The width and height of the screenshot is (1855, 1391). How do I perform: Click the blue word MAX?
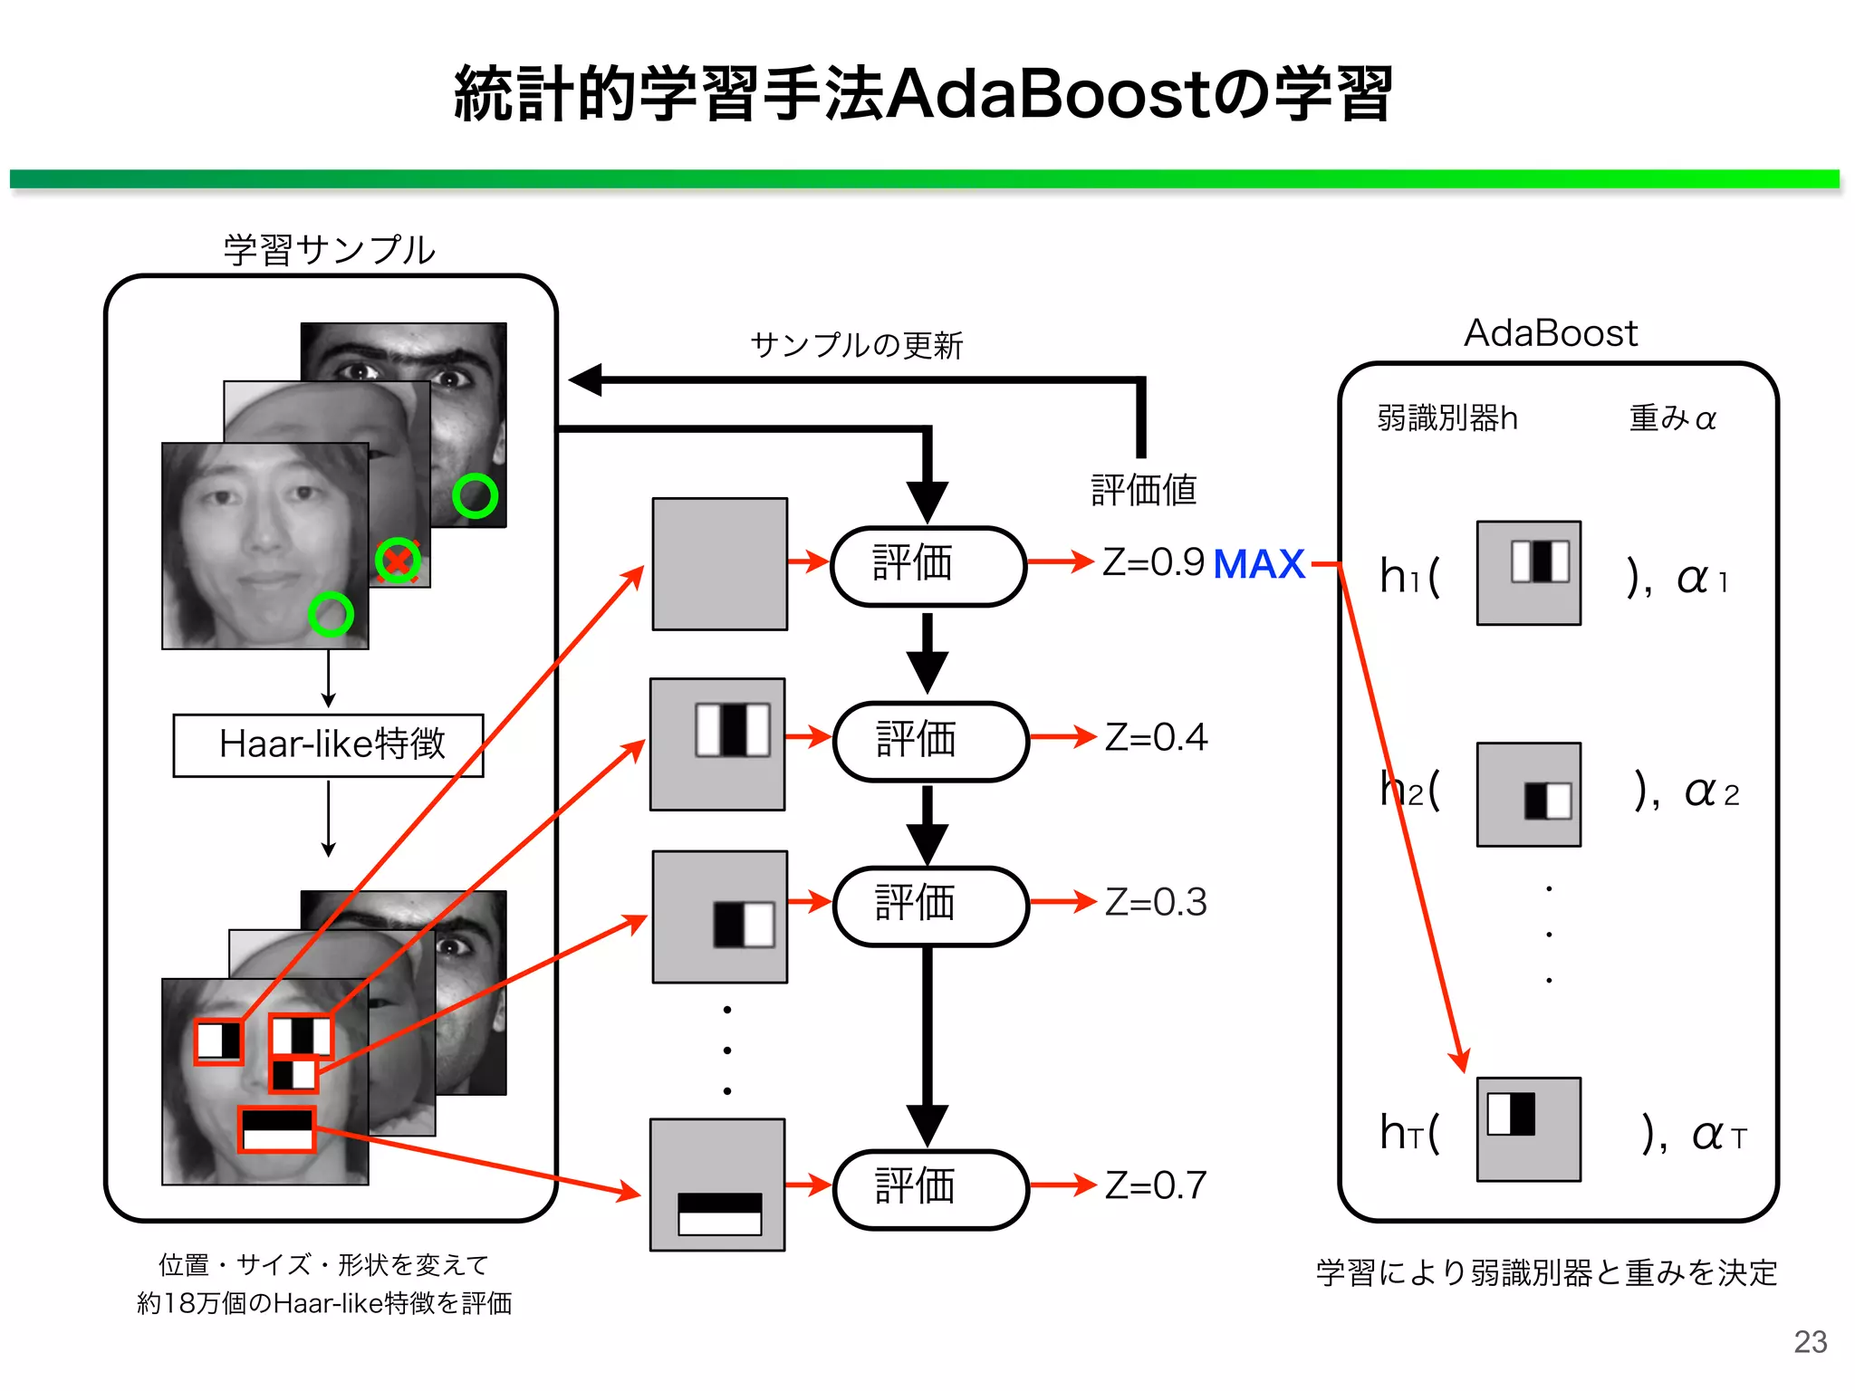1258,564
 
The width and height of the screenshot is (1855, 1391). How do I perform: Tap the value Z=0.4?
1156,737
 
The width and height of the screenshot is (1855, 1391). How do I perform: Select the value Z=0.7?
1156,1185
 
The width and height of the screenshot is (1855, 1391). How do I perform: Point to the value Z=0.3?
1156,902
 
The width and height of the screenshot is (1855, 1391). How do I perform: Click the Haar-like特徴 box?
329,744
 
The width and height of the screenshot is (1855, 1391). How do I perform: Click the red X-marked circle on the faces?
398,561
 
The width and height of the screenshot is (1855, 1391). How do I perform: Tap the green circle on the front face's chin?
331,615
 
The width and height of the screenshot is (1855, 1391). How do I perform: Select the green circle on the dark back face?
475,495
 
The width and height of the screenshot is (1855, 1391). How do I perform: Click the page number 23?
1810,1341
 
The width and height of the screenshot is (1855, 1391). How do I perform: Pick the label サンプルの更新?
856,345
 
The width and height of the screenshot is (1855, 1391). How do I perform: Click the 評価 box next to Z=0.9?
927,564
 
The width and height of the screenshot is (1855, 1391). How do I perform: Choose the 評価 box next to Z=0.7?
929,1187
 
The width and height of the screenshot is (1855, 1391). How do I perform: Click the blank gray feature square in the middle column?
720,563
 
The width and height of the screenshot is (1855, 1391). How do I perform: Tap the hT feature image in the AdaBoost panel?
1528,1129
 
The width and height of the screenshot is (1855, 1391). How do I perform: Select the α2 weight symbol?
1710,792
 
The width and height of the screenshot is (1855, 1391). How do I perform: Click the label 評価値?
1143,490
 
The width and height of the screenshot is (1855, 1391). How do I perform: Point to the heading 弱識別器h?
1447,418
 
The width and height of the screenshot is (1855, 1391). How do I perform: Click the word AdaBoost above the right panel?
1551,333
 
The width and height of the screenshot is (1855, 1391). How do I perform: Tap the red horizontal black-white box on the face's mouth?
277,1129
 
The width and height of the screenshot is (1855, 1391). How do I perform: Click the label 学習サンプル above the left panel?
329,250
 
